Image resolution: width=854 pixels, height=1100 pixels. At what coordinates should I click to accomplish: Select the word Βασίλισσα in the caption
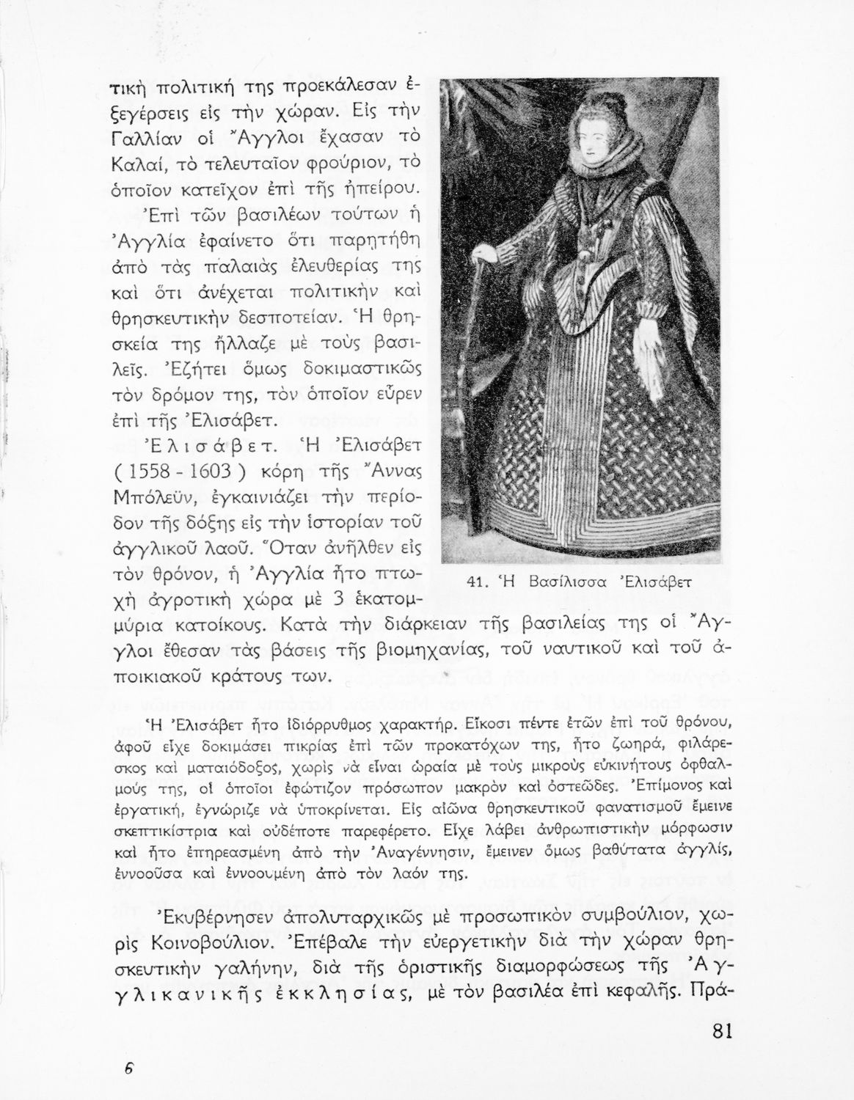coord(563,584)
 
